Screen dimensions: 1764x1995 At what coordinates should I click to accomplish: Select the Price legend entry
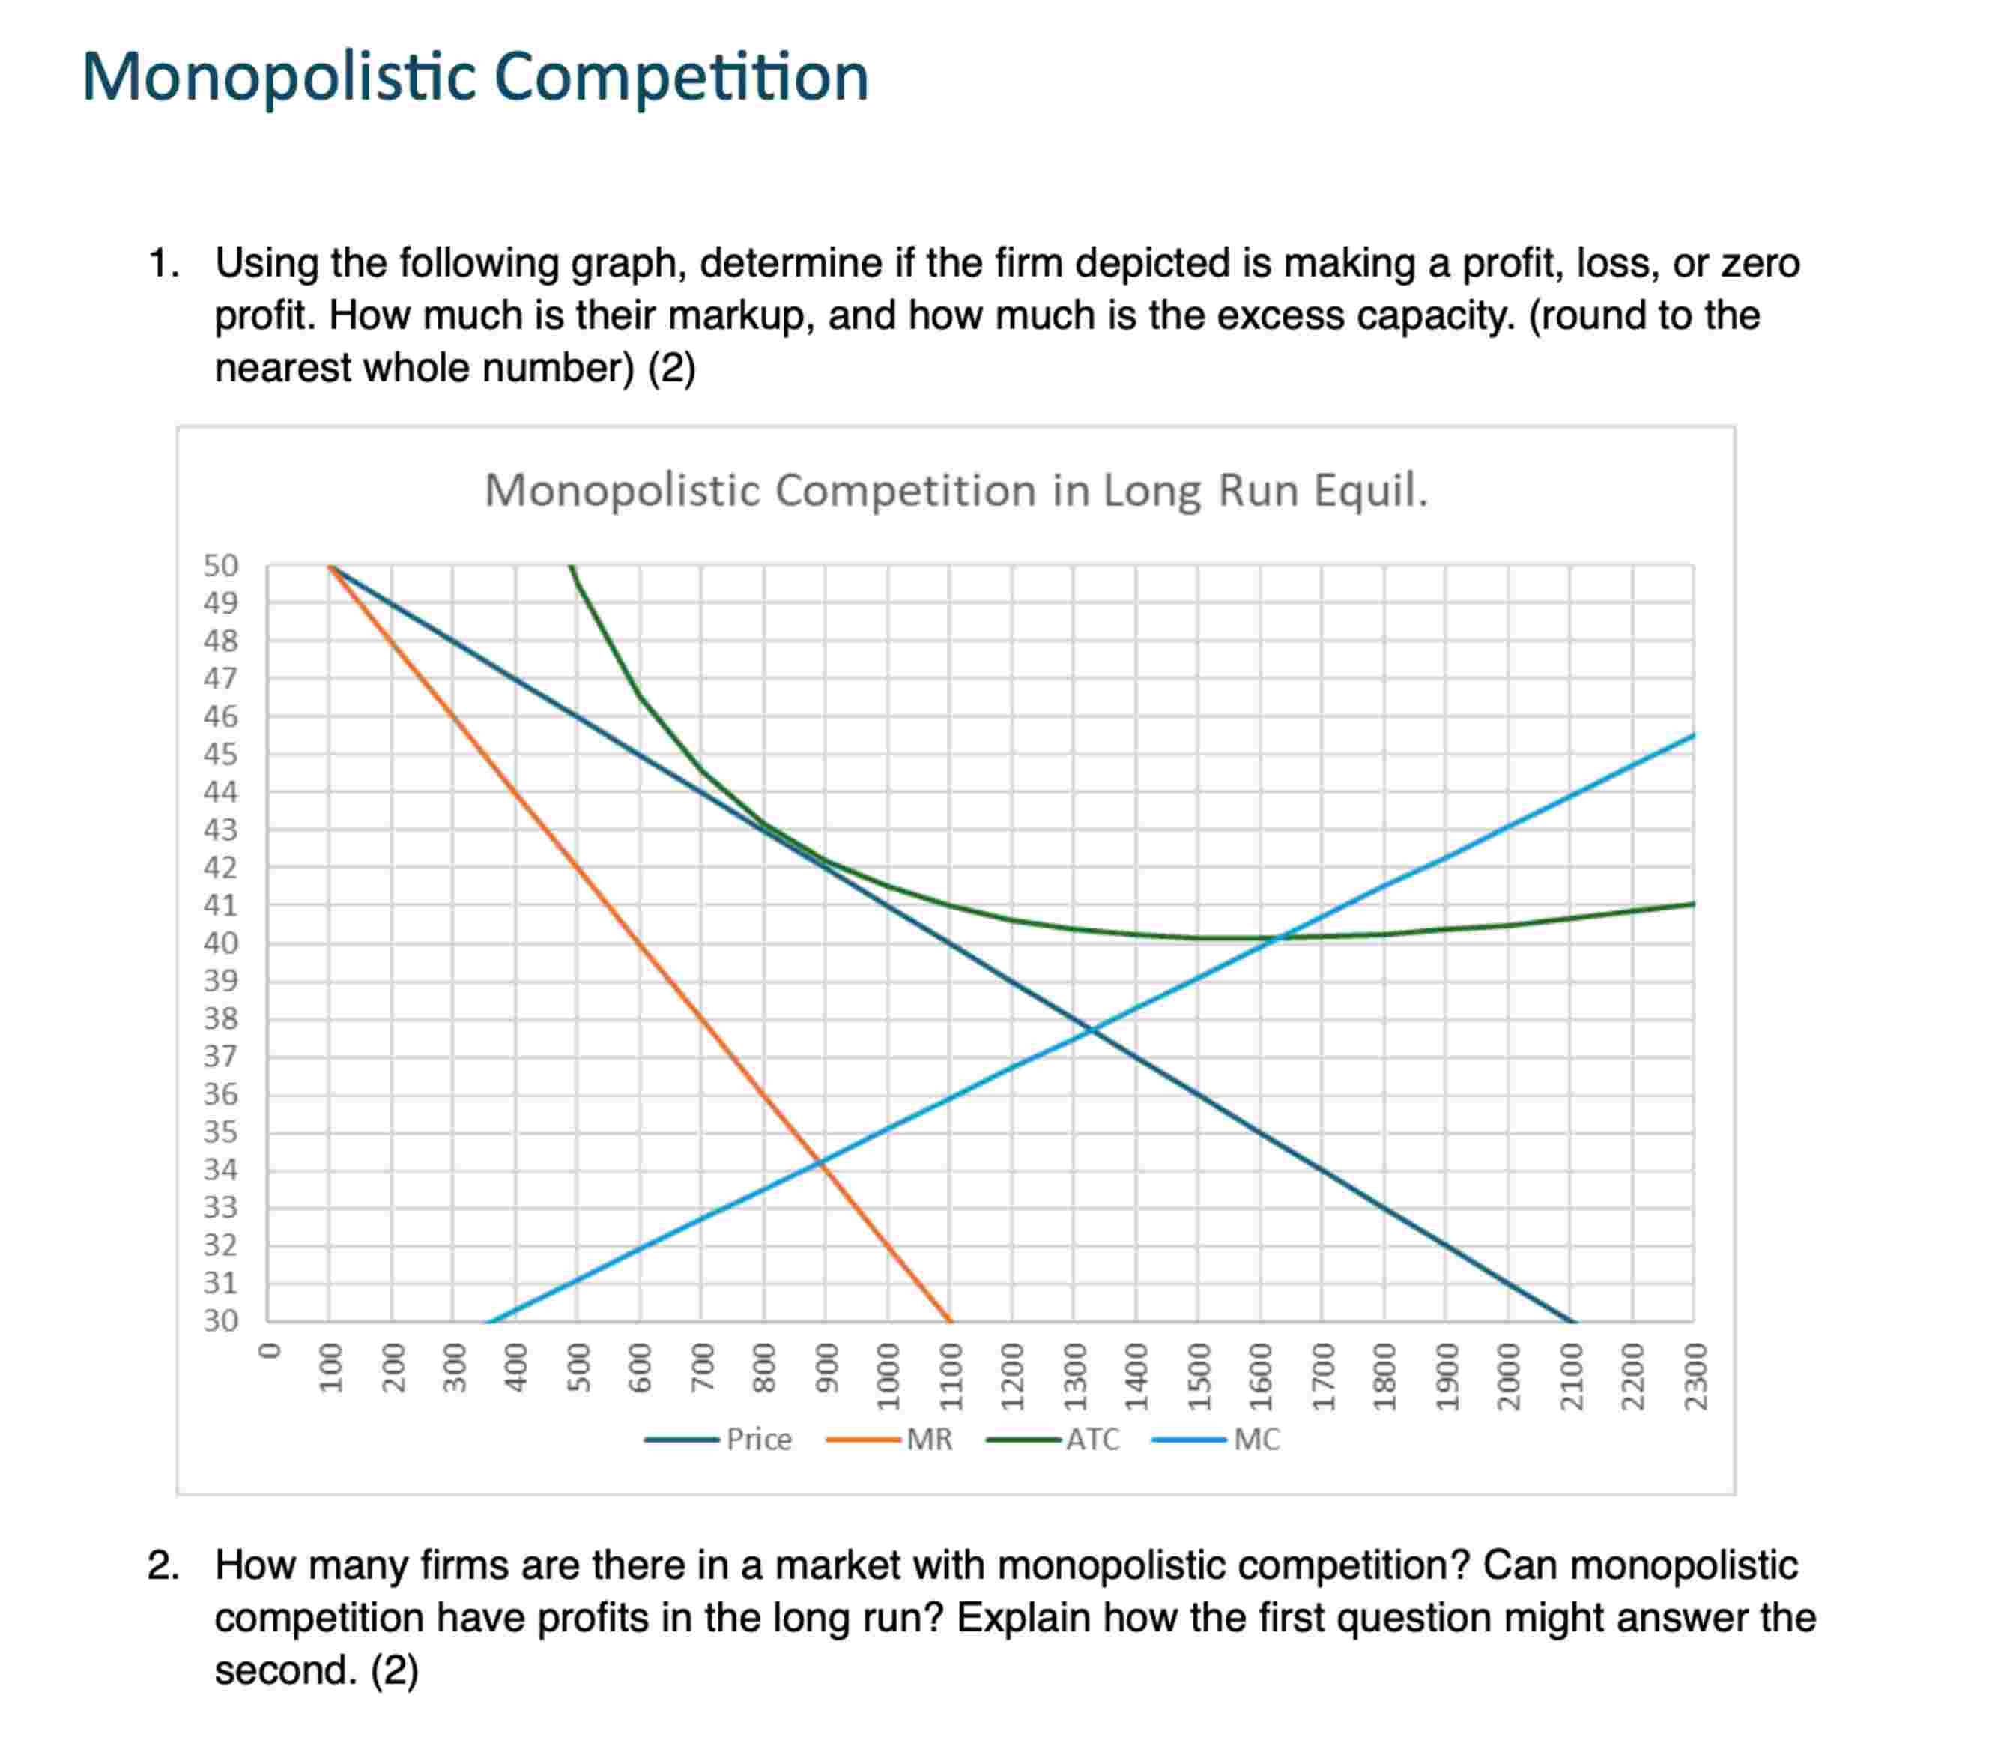pos(758,1439)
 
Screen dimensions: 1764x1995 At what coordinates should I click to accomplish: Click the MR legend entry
pos(928,1439)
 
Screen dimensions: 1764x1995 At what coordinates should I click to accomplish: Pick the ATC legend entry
pos(1092,1439)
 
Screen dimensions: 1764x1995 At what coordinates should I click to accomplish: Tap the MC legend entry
pos(1255,1439)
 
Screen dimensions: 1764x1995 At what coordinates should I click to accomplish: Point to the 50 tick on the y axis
pos(220,565)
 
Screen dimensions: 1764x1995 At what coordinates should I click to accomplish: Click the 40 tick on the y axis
pos(220,943)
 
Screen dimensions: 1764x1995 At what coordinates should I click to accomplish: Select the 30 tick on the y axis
pos(220,1321)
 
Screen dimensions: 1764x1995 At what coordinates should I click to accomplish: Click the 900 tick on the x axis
pos(826,1363)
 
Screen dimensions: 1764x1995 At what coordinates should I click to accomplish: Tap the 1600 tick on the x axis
pos(1260,1363)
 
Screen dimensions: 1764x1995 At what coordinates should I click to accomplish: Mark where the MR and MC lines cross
pos(822,1162)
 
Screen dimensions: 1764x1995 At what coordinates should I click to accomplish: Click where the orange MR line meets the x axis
pos(950,1321)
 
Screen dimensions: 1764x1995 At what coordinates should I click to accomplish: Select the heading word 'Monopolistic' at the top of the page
pos(277,77)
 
